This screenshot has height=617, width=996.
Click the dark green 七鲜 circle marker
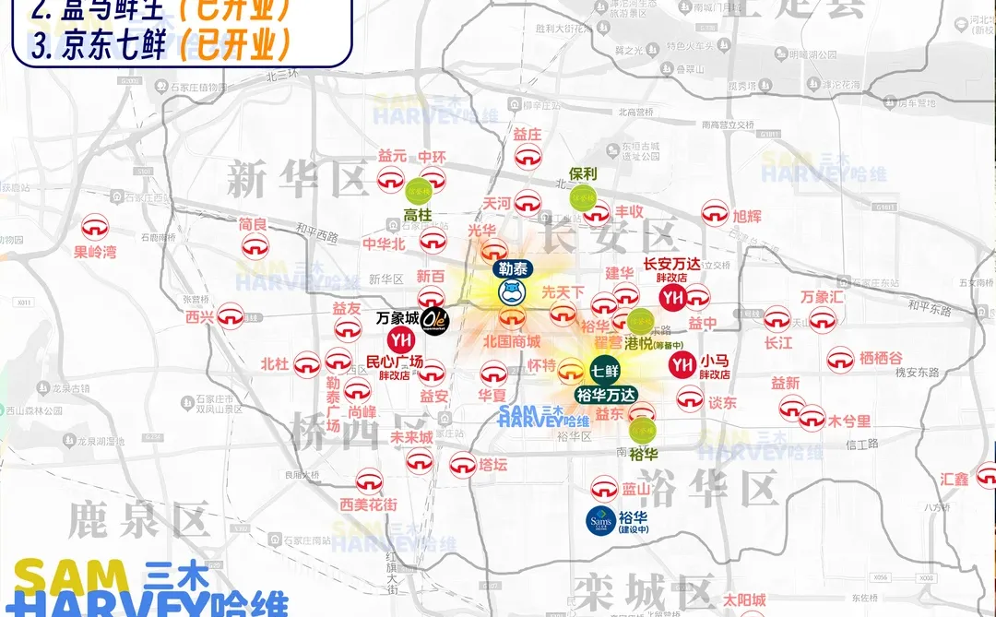click(604, 372)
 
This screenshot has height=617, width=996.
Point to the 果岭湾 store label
click(96, 251)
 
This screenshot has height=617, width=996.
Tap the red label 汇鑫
click(954, 479)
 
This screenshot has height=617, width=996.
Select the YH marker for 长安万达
click(672, 298)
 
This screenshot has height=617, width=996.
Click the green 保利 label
click(583, 173)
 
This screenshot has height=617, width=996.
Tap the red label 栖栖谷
click(881, 357)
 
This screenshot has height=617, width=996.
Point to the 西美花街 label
click(368, 504)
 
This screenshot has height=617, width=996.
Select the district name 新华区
click(297, 177)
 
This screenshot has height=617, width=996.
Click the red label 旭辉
click(747, 217)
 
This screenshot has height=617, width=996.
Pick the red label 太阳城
click(743, 600)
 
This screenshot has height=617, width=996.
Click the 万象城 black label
click(397, 319)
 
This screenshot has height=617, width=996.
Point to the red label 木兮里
click(848, 421)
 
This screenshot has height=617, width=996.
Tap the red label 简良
click(253, 224)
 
